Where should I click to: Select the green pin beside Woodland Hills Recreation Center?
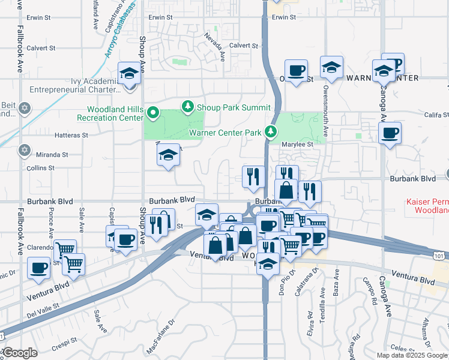154,112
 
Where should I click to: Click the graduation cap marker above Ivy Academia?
130,74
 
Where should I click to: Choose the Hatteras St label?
71,136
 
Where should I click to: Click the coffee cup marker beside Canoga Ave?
390,133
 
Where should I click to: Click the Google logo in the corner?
19,353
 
